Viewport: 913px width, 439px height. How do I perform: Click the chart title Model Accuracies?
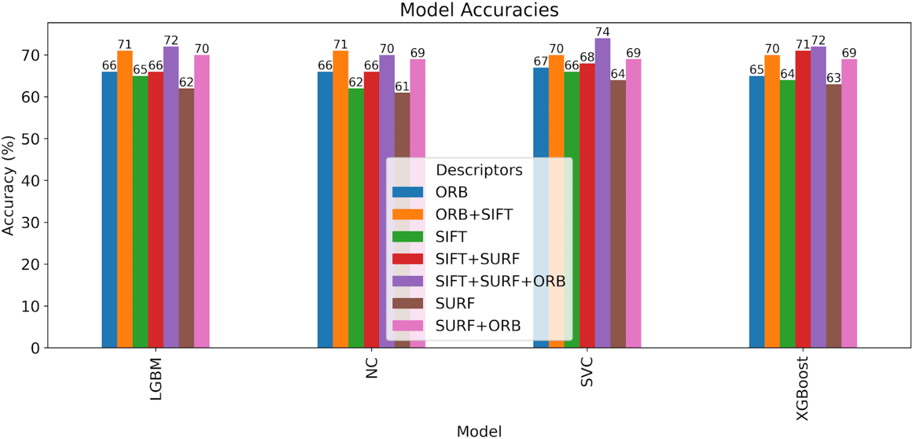tap(479, 10)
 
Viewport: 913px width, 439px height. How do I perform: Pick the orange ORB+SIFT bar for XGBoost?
tap(771, 203)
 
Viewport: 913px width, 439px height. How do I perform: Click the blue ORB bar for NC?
tap(325, 214)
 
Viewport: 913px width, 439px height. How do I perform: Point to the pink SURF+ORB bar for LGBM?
tap(202, 203)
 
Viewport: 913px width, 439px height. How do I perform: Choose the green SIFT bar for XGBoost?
tap(787, 214)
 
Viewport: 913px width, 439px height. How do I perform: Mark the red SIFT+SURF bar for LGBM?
tap(155, 214)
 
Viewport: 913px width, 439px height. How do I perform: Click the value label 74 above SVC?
tap(602, 32)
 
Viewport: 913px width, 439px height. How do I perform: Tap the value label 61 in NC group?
tap(402, 87)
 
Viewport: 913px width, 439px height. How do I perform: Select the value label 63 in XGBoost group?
tap(833, 78)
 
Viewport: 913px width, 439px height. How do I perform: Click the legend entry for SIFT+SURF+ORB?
tap(500, 281)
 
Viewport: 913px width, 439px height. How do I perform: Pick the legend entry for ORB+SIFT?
tap(474, 214)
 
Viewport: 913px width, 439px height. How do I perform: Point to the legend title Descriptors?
tap(479, 170)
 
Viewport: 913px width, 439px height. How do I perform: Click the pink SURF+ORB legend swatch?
tap(408, 326)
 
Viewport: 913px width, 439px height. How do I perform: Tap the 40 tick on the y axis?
tap(30, 181)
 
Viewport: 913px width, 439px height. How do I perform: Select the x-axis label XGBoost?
tap(802, 389)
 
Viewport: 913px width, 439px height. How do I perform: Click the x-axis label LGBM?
tap(155, 379)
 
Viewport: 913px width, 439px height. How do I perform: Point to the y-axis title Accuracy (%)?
tap(8, 186)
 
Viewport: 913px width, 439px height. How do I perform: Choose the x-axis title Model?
tap(479, 431)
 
